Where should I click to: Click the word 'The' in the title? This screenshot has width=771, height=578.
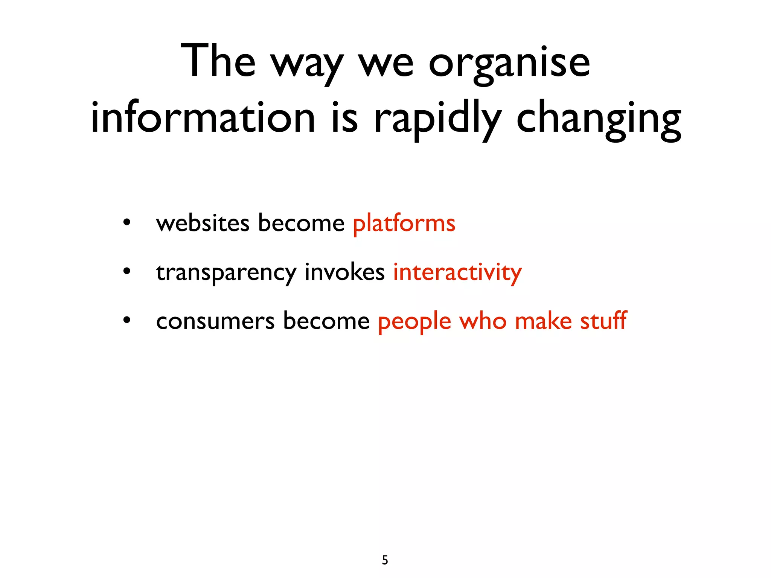(x=218, y=61)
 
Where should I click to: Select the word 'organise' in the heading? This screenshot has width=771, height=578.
(x=509, y=64)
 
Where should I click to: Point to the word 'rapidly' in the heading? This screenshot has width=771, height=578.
(x=437, y=120)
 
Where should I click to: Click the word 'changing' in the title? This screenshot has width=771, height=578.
(x=599, y=120)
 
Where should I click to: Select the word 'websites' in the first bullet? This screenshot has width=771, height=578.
(x=203, y=223)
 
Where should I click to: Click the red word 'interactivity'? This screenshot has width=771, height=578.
(x=457, y=272)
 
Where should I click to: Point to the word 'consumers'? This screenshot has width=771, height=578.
(x=215, y=321)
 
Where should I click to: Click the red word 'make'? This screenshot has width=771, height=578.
(x=543, y=321)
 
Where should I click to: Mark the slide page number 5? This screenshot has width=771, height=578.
(x=385, y=560)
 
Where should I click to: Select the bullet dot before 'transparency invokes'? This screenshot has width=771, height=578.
(x=127, y=271)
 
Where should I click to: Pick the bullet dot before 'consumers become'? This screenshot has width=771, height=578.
(x=127, y=320)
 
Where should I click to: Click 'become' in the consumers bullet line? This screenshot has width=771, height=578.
(x=326, y=321)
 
